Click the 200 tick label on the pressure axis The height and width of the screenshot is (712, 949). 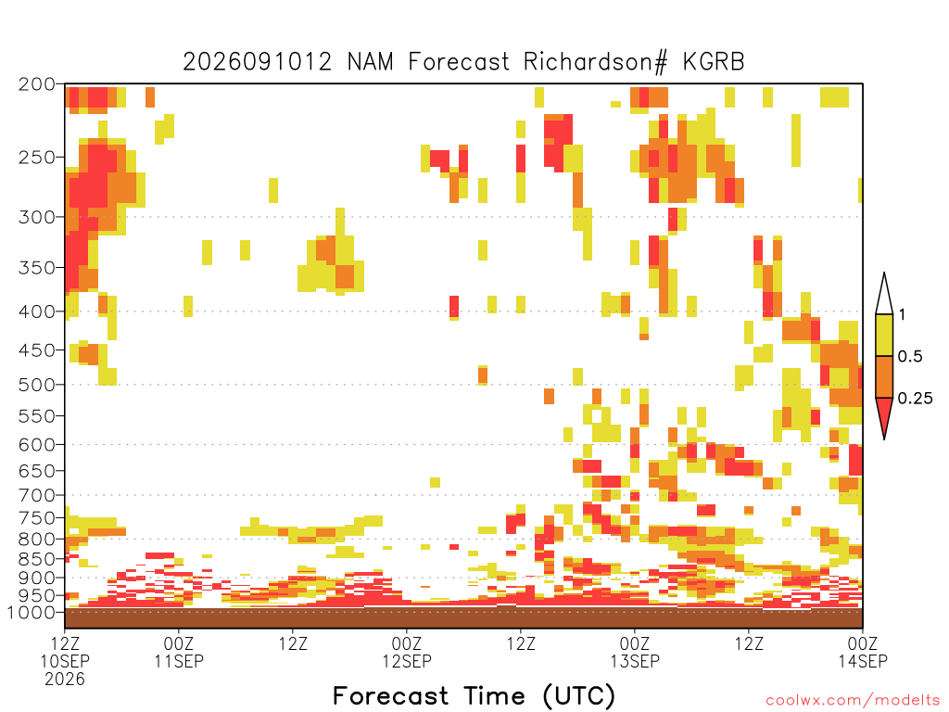point(37,84)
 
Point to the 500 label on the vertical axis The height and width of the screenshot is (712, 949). point(37,385)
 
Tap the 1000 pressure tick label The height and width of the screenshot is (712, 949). point(32,612)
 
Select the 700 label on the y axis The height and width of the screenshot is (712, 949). point(37,495)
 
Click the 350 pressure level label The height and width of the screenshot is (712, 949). point(37,268)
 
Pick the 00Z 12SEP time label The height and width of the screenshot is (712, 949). point(407,652)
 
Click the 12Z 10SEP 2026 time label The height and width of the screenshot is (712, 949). point(65,661)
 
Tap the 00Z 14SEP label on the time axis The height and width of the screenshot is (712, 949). point(863,652)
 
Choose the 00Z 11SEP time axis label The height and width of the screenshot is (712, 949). point(179,652)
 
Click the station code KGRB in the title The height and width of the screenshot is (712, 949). point(714,62)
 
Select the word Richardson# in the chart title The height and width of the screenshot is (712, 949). point(596,62)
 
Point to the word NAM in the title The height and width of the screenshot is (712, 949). point(370,62)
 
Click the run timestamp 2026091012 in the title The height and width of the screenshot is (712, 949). point(258,62)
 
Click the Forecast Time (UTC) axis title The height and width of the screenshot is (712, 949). point(474,696)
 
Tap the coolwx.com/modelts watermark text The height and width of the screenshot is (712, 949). point(853,701)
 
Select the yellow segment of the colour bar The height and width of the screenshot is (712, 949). point(884,335)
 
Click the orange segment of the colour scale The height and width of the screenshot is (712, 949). point(884,376)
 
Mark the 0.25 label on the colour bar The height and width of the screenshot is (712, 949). point(915,399)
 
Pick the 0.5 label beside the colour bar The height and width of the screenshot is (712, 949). point(910,356)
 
